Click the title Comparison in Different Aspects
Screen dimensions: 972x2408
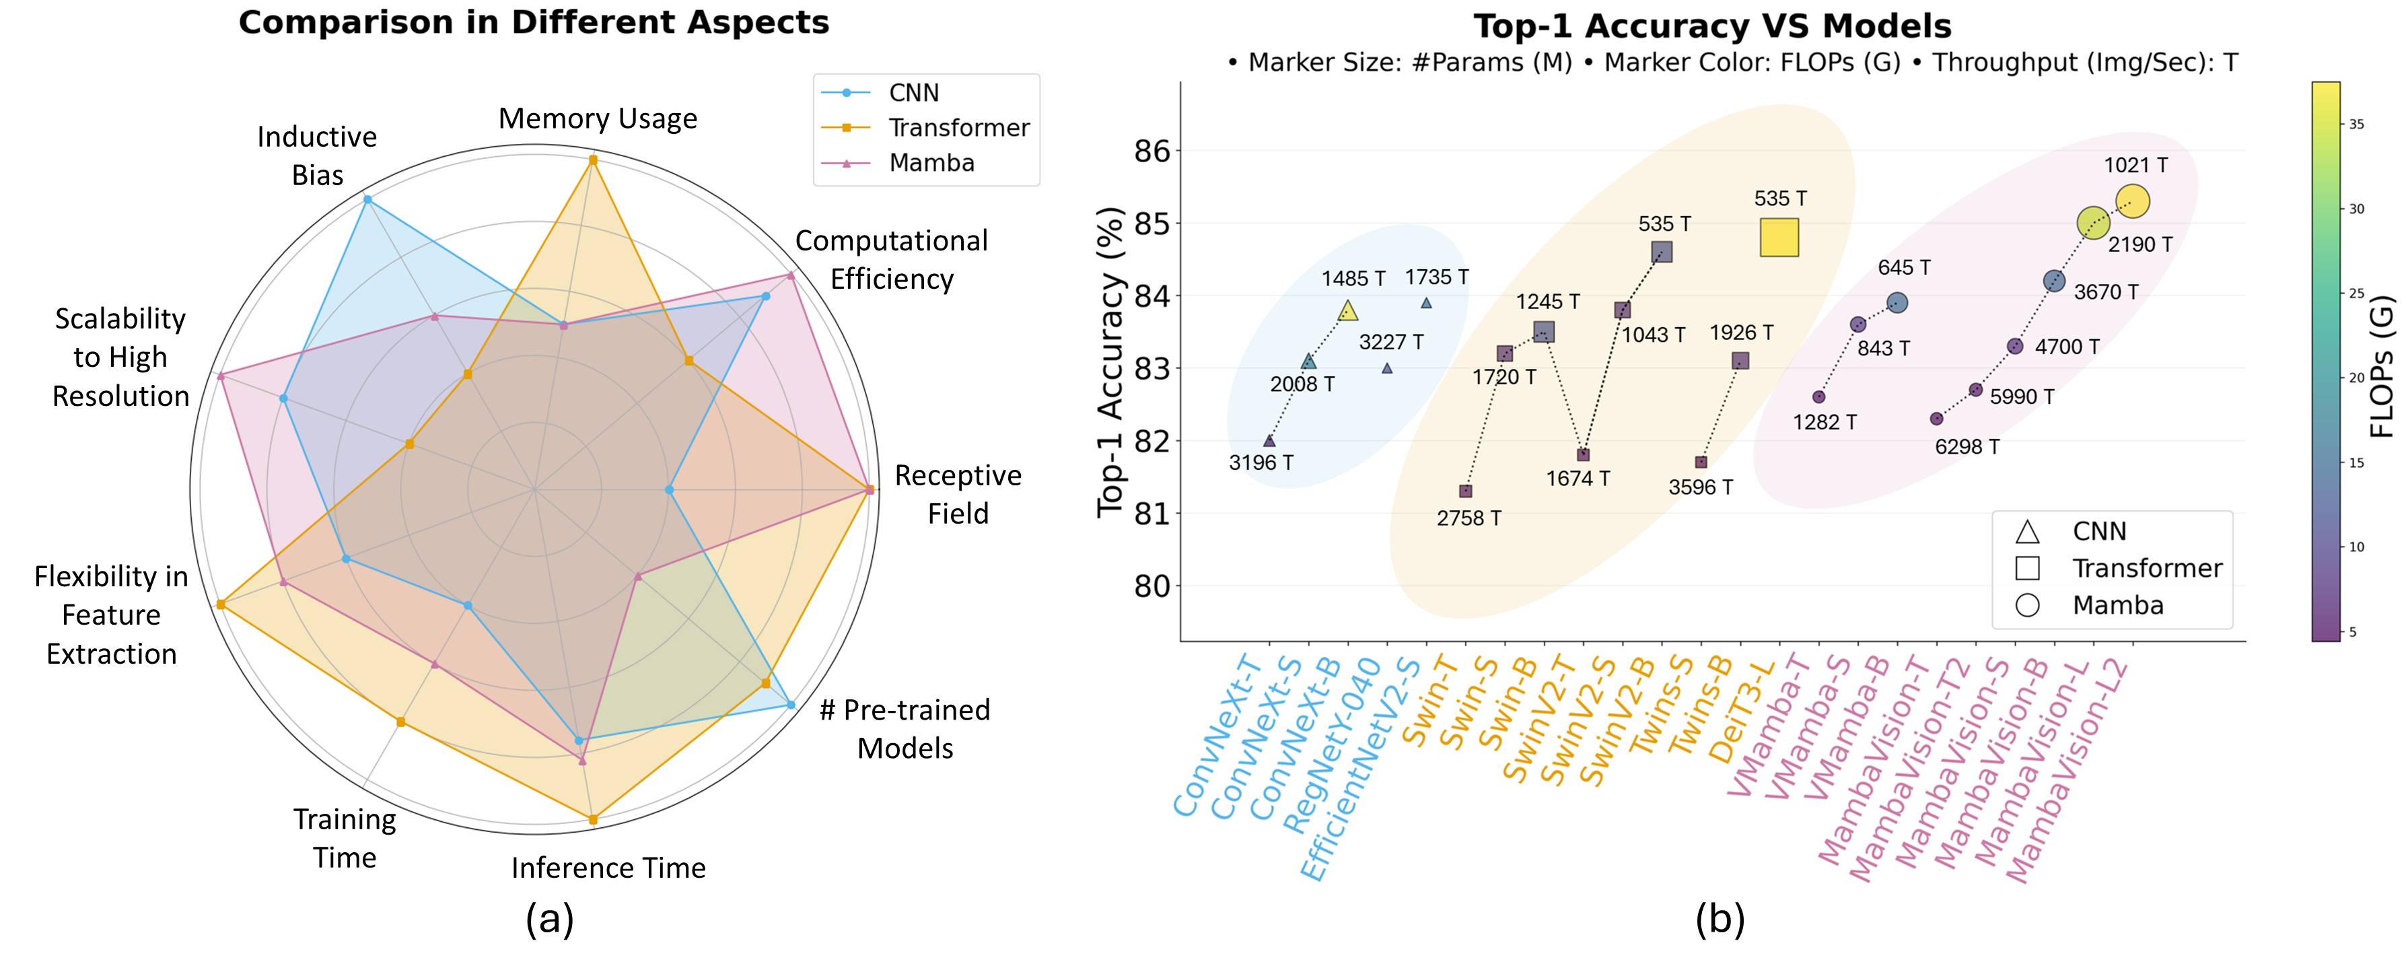pos(534,22)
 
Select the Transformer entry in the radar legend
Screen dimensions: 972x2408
pos(958,127)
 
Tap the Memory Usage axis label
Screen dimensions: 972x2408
pos(598,118)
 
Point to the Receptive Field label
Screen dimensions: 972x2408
pos(957,494)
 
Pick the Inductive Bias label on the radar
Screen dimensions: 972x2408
pos(317,156)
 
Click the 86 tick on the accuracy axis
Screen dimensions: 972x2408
pos(1152,151)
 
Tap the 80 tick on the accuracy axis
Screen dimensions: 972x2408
pos(1152,586)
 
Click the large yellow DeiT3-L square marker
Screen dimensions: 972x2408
pos(1779,238)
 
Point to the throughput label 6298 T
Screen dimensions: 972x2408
pos(1967,447)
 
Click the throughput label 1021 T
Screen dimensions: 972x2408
pos(2135,166)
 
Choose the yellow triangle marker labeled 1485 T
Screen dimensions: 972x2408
pos(1347,310)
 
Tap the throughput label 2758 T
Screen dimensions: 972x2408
pos(1468,518)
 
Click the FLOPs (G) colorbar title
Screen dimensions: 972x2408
pos(2382,368)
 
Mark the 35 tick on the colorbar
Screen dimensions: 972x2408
pos(2357,125)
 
